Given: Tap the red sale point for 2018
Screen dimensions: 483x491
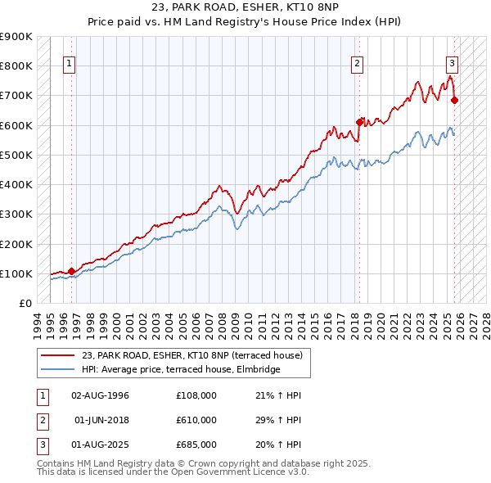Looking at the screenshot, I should click(x=359, y=122).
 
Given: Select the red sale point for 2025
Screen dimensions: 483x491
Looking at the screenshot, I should click(x=455, y=100).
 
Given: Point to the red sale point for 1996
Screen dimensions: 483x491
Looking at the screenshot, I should click(x=71, y=271).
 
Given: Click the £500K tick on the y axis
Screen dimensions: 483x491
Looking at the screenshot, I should click(x=16, y=155).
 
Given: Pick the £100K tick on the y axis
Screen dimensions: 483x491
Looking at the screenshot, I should click(x=16, y=273).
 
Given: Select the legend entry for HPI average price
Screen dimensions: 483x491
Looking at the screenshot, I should click(x=181, y=370).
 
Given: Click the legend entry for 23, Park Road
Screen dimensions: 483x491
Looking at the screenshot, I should click(x=192, y=355).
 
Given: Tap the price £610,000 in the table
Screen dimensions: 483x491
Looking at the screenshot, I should click(x=196, y=420).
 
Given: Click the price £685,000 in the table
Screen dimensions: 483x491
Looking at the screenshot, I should click(x=196, y=445).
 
